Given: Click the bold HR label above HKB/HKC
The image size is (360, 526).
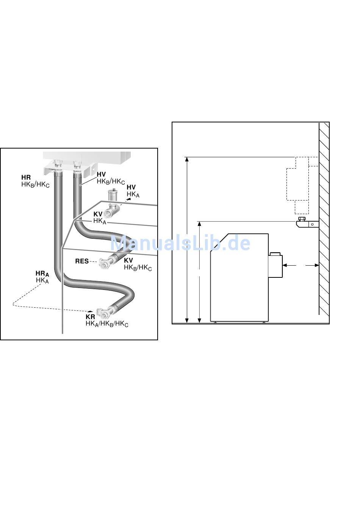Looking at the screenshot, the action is click(x=26, y=177).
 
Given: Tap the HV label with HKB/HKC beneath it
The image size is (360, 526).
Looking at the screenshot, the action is click(x=101, y=174).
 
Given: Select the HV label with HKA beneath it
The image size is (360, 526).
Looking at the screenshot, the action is click(x=131, y=187).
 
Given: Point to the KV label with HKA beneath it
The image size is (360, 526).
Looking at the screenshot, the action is click(x=98, y=214).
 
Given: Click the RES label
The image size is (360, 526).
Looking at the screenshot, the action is click(x=82, y=261).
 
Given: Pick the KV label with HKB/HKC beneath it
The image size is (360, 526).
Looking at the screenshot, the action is click(x=128, y=260).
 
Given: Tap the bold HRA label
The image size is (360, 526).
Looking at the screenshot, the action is click(x=42, y=274).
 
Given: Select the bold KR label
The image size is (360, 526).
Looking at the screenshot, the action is click(x=91, y=317).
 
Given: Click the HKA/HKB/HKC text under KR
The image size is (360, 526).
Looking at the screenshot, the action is click(x=107, y=324).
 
